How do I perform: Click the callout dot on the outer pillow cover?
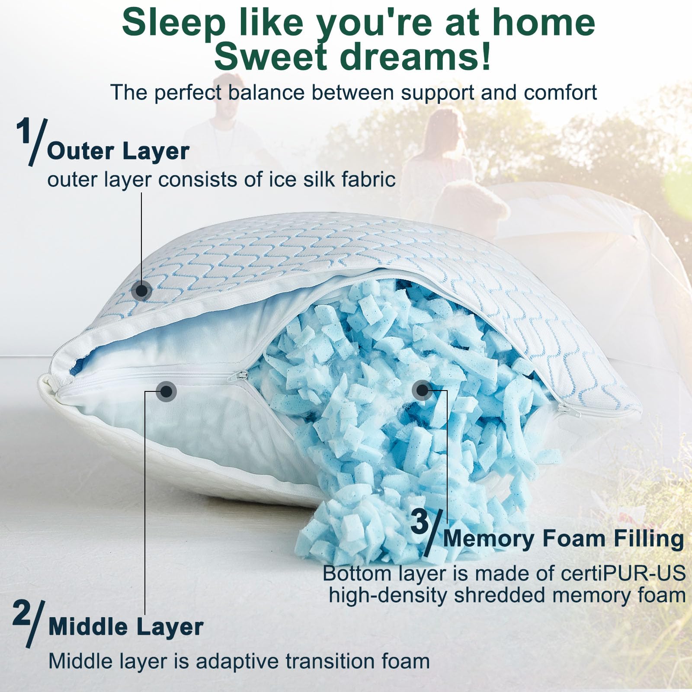[x=141, y=291]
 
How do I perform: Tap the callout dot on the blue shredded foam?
[x=422, y=391]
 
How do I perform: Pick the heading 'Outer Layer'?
[x=118, y=151]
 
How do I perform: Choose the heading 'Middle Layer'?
[x=126, y=627]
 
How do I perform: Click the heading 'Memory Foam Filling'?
[x=563, y=539]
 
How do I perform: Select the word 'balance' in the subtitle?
[x=266, y=92]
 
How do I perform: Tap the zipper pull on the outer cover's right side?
[x=567, y=409]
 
